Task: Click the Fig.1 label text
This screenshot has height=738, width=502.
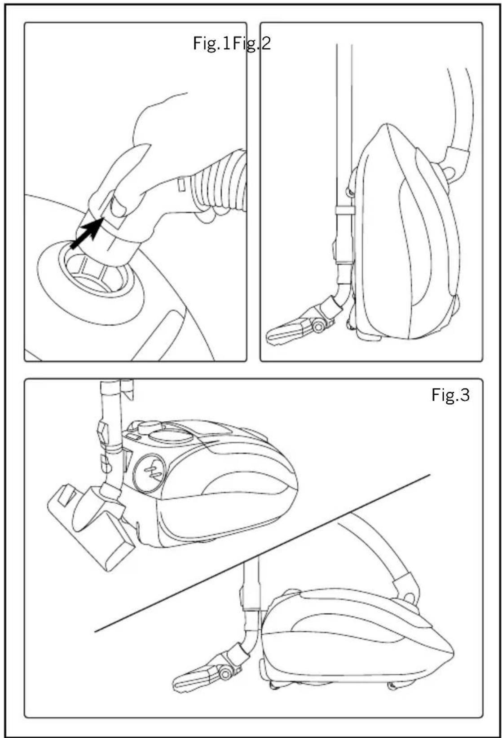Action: [211, 44]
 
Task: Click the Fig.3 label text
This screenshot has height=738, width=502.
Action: [450, 395]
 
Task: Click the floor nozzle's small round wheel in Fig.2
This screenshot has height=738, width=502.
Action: [319, 327]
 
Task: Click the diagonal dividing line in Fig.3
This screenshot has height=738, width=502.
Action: [262, 554]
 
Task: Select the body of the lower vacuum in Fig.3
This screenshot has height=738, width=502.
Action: [358, 642]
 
